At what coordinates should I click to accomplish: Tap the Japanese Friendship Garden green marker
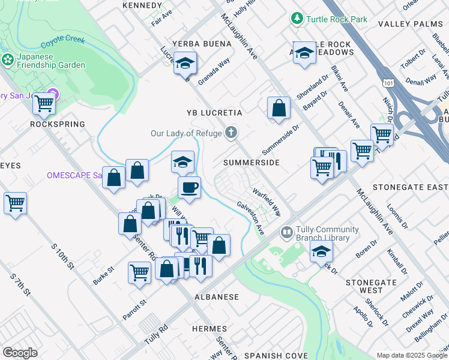[7, 59]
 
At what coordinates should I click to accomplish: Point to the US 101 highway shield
[385, 79]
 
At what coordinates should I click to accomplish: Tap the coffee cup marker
[189, 187]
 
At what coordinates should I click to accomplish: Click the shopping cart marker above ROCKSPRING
[44, 103]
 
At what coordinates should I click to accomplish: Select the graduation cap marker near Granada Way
[185, 63]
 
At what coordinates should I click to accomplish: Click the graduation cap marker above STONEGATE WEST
[322, 251]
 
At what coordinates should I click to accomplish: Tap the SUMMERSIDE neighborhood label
[252, 163]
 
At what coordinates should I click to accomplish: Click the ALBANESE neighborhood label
[217, 297]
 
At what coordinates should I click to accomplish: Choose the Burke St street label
[103, 275]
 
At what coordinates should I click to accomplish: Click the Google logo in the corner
[20, 353]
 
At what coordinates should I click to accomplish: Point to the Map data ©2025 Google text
[411, 355]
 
